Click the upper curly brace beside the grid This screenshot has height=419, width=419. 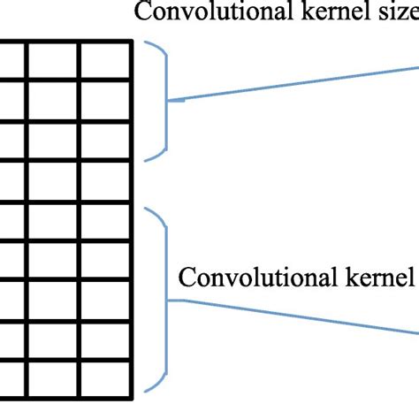165,101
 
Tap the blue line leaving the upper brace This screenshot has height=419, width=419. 292,83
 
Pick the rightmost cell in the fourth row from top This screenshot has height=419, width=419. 106,181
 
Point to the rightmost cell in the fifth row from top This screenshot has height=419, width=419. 106,221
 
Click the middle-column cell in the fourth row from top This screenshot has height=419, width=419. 54,181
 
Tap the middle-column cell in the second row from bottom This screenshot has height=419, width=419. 54,340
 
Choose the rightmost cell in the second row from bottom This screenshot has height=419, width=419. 106,340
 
